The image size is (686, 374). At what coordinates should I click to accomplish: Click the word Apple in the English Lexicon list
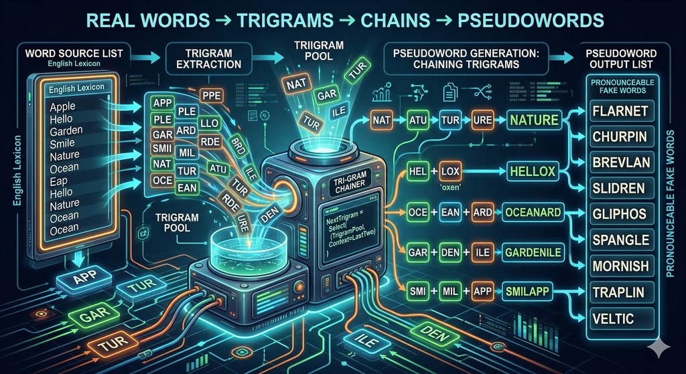point(63,106)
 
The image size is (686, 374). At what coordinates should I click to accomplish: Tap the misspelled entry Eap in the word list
point(59,180)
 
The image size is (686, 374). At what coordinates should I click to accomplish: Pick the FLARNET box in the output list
point(620,110)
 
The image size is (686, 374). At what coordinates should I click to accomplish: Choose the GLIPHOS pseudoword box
point(620,214)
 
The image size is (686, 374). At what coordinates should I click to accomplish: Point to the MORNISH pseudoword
point(620,266)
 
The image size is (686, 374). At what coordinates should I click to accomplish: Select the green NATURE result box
point(533,121)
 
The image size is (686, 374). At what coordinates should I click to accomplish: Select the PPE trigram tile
point(212,95)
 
